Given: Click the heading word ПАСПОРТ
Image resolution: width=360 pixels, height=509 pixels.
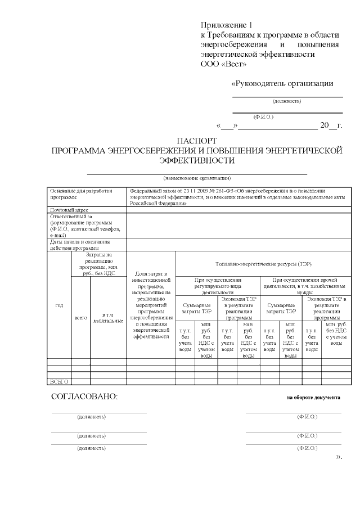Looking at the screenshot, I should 196,141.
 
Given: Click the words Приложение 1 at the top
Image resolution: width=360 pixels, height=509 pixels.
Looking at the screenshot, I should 227,25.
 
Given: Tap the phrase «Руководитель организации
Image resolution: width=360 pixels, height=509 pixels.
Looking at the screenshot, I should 282,84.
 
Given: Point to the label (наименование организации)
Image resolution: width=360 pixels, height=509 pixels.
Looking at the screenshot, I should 196,178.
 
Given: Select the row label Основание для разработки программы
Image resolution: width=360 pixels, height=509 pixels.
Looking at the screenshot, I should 77,194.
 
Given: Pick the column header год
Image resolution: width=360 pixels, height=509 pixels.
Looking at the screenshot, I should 59,305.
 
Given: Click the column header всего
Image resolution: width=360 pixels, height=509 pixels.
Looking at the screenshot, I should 80,318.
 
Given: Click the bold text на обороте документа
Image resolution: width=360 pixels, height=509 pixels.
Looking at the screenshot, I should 313,397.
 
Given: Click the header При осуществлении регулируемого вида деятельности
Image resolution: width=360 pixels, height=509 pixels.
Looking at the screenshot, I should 218,286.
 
